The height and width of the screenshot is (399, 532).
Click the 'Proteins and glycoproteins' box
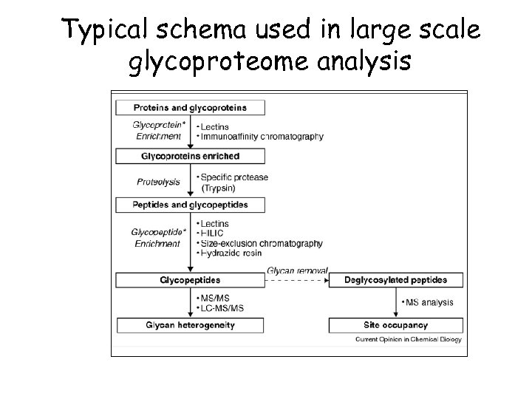point(191,107)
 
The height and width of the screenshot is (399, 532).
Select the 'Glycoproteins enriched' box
point(191,156)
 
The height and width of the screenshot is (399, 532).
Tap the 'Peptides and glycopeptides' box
point(191,205)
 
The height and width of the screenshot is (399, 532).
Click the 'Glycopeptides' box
point(191,280)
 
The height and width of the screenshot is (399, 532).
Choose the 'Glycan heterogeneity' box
point(191,324)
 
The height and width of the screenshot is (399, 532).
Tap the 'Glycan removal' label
point(297,271)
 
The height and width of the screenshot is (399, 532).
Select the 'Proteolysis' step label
point(158,182)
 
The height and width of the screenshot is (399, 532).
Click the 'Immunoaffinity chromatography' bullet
point(262,137)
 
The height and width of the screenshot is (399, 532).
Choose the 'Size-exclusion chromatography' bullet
point(261,243)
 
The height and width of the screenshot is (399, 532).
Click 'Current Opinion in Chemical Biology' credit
point(409,340)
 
